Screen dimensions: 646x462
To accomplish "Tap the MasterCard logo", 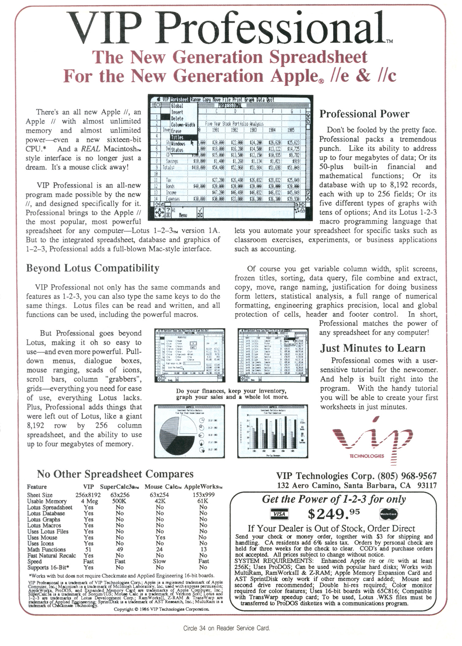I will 389,514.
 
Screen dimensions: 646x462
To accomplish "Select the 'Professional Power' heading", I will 364,114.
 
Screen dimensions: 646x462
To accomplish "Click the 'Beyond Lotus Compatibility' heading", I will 93,268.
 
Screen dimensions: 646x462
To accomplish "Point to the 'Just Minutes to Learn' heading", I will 373,348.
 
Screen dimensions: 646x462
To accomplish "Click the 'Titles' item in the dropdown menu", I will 177,137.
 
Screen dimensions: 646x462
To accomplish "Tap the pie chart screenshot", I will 189,431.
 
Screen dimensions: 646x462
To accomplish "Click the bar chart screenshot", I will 272,431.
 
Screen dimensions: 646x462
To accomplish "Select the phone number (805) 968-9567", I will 407,476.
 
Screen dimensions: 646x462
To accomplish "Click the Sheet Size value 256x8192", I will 88,495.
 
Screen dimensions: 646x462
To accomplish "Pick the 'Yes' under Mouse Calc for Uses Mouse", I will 160,537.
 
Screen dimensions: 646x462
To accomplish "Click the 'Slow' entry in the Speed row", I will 159,561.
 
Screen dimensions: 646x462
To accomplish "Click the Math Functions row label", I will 46,549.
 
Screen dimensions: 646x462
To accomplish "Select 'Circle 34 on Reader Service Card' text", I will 226,628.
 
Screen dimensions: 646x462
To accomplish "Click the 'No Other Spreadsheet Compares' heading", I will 115,474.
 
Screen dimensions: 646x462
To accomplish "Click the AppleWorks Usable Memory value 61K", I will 203,501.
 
